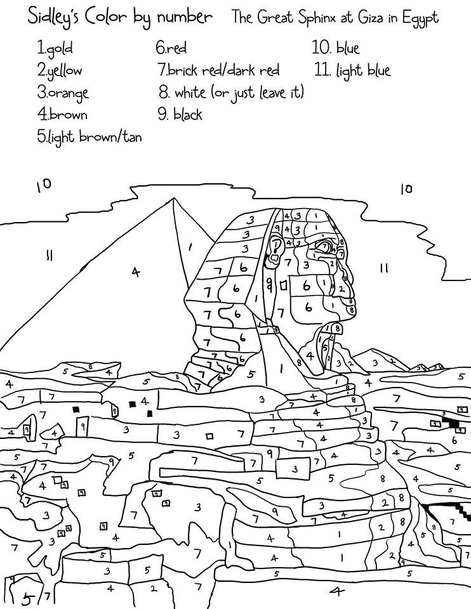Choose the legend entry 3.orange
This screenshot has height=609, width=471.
pos(63,93)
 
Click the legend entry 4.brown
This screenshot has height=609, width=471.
pos(62,115)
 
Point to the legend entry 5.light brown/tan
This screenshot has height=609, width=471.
pos(89,136)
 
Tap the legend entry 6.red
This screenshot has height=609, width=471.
pos(171,48)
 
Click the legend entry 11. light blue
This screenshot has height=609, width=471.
pos(352,70)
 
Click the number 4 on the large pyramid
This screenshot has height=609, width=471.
pos(135,272)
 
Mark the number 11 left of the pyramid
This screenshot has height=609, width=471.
pos(48,256)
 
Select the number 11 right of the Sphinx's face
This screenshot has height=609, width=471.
pos(383,268)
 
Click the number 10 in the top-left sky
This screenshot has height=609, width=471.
pos(44,185)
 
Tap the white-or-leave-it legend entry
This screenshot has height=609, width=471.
pos(231,93)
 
